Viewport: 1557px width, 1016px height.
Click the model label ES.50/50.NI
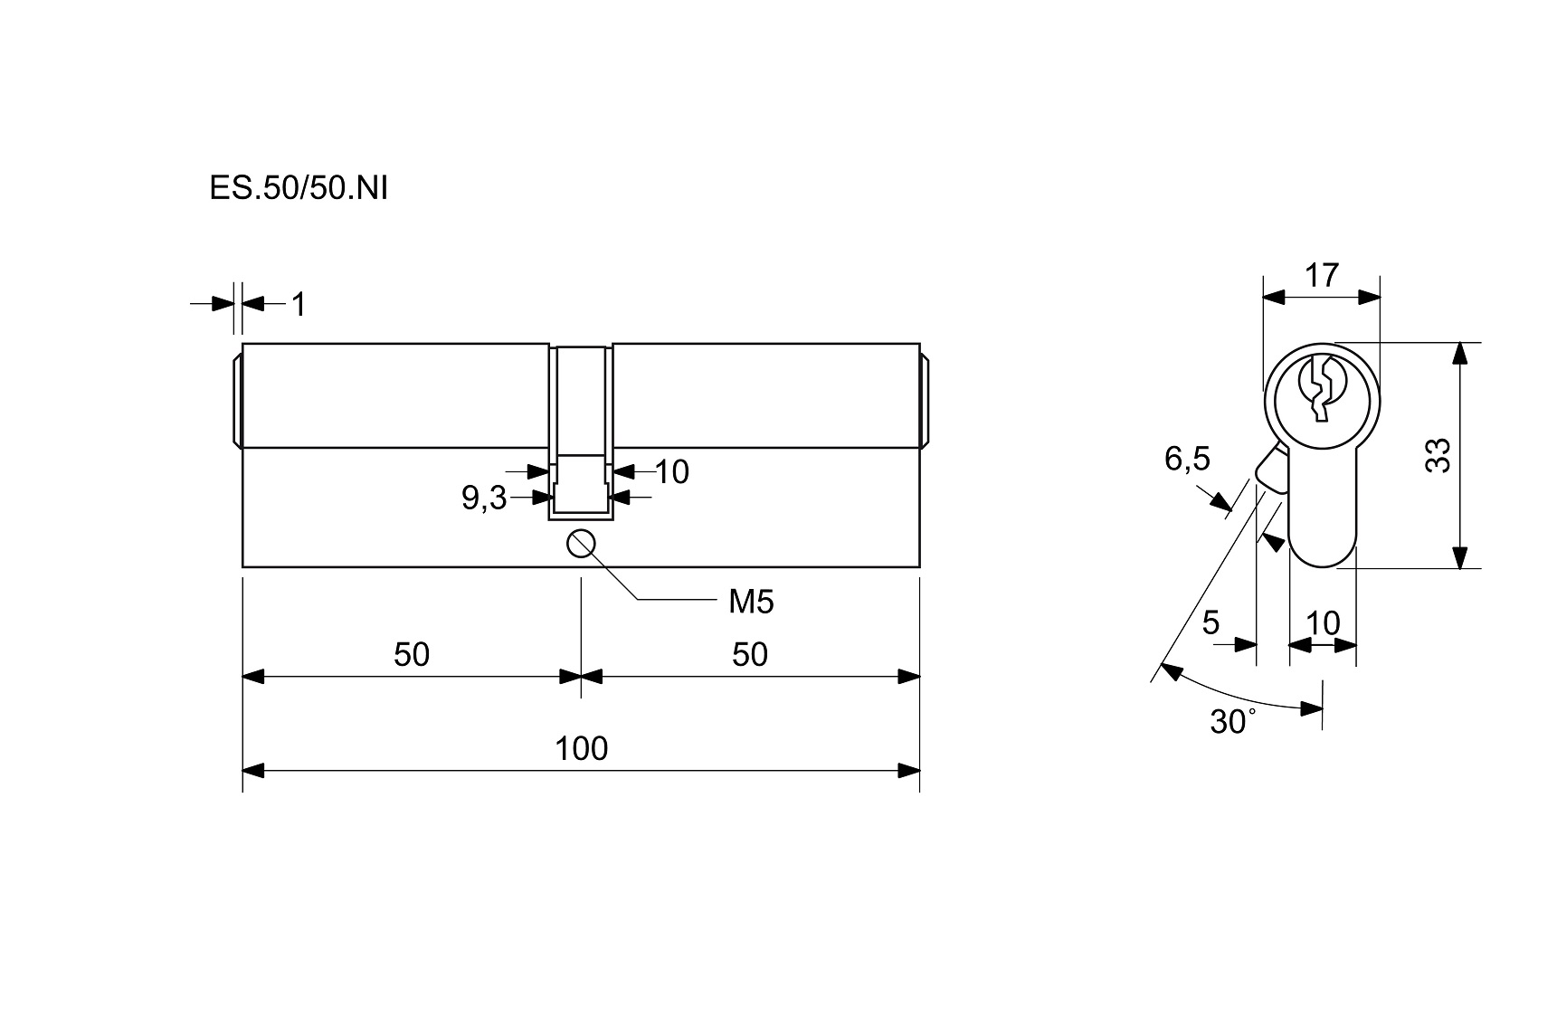(x=298, y=188)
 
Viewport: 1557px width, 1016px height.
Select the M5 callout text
(x=751, y=602)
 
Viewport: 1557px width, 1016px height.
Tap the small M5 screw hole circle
(x=580, y=544)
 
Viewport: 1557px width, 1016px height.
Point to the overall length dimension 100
(x=581, y=749)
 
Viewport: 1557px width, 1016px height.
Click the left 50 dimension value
(x=411, y=654)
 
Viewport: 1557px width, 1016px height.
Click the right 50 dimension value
(x=750, y=654)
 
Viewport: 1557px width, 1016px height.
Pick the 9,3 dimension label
(x=484, y=498)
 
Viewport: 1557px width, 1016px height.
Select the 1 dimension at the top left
(x=299, y=305)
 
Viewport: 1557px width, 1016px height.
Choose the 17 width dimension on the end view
(x=1321, y=275)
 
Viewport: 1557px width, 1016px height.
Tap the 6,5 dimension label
(x=1186, y=460)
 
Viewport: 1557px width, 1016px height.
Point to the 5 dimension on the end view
(x=1210, y=622)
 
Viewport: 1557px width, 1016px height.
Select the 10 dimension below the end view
(x=1323, y=622)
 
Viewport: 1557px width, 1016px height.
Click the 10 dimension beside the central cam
(x=671, y=471)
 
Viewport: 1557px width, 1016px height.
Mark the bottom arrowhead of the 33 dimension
(x=1459, y=557)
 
